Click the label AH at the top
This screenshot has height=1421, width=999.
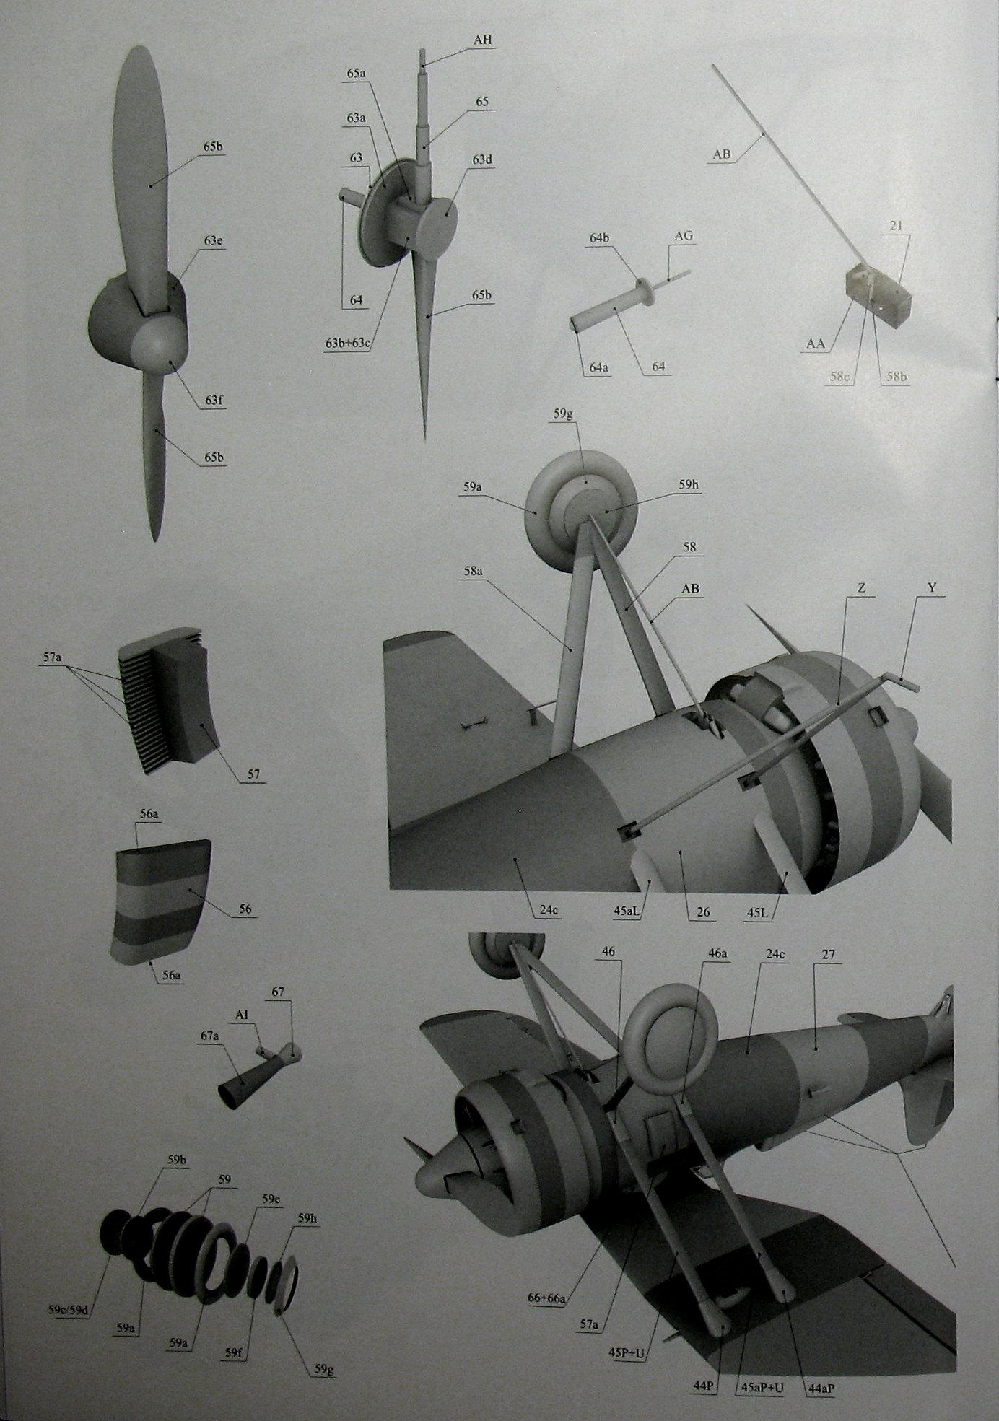tap(482, 40)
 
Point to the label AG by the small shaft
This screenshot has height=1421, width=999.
tap(683, 237)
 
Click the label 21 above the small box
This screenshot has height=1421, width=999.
tap(896, 227)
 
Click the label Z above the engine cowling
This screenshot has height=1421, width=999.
tap(861, 588)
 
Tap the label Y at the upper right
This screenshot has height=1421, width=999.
tap(931, 588)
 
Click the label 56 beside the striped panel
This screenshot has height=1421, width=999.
tap(245, 909)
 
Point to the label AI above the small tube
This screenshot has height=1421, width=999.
tap(243, 1015)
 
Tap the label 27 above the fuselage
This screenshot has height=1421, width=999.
tap(828, 955)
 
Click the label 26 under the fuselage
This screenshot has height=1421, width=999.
tap(702, 912)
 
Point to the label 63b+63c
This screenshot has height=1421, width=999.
tap(348, 342)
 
